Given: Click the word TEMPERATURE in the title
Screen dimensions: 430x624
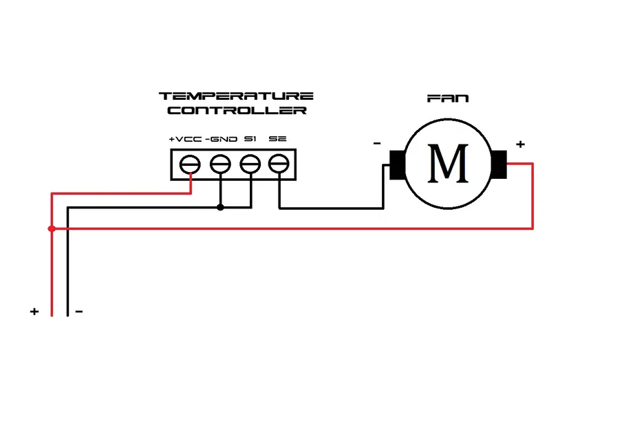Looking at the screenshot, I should tap(236, 96).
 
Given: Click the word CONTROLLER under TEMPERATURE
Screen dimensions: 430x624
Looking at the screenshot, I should tap(237, 111).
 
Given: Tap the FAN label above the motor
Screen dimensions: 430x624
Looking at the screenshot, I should tap(448, 98).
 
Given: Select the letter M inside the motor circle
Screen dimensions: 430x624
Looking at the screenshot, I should tap(448, 163).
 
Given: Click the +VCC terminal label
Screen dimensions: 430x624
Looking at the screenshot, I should tap(185, 139).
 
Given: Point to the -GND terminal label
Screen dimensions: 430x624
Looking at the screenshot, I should tap(221, 139).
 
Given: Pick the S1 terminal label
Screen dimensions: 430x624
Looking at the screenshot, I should tap(250, 139).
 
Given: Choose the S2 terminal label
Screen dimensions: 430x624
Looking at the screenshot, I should tap(278, 139).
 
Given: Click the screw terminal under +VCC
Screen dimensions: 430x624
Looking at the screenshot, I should tap(190, 164).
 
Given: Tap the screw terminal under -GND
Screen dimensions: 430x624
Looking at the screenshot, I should tap(219, 164).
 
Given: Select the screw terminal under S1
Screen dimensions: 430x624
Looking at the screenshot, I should tap(250, 164).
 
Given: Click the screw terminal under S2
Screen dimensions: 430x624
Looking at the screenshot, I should tap(279, 164).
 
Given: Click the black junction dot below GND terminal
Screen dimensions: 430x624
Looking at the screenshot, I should tap(220, 207).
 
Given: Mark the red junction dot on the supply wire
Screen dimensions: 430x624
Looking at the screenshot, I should tap(52, 228).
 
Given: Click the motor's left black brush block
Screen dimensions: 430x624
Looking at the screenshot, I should tap(397, 164).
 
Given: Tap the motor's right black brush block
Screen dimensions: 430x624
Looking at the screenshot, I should tap(499, 164).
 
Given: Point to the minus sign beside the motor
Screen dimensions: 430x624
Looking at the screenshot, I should tap(377, 144).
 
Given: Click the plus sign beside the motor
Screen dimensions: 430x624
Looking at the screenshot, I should tap(520, 144).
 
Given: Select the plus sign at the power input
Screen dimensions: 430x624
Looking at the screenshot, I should tap(34, 312).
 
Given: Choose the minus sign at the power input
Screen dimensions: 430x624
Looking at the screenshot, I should tap(79, 312).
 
